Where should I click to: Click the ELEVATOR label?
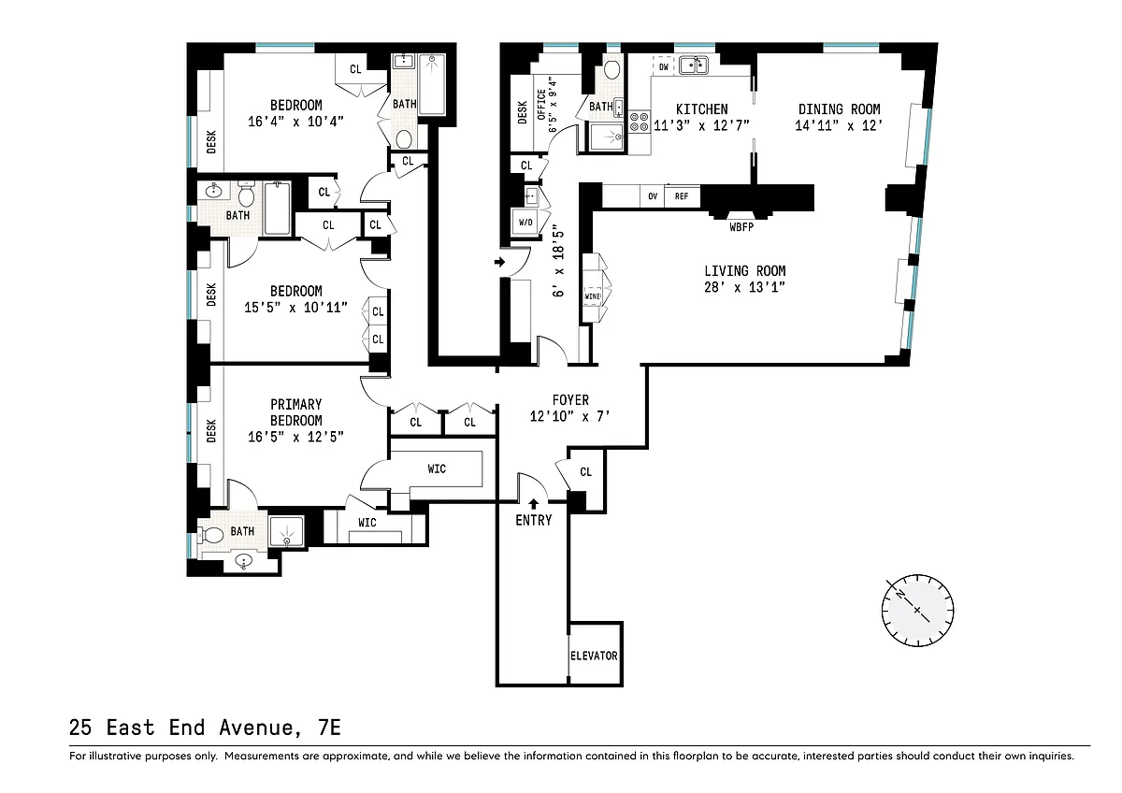594,656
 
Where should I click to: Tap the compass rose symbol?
917,610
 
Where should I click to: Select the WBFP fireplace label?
741,227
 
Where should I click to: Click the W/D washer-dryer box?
525,222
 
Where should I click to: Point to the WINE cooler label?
593,296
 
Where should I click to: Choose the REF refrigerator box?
682,196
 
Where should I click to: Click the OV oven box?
653,196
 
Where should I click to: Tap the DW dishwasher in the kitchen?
664,66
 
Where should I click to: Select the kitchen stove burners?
640,122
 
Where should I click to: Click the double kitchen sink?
694,65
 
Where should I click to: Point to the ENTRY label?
534,521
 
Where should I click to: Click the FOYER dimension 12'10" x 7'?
570,416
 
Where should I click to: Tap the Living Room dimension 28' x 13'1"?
744,287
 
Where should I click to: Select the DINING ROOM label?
839,109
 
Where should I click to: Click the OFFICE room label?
541,104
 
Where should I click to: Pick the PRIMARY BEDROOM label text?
296,412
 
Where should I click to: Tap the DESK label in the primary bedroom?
211,431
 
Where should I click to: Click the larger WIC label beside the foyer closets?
437,469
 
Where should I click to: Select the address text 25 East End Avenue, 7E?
205,728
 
